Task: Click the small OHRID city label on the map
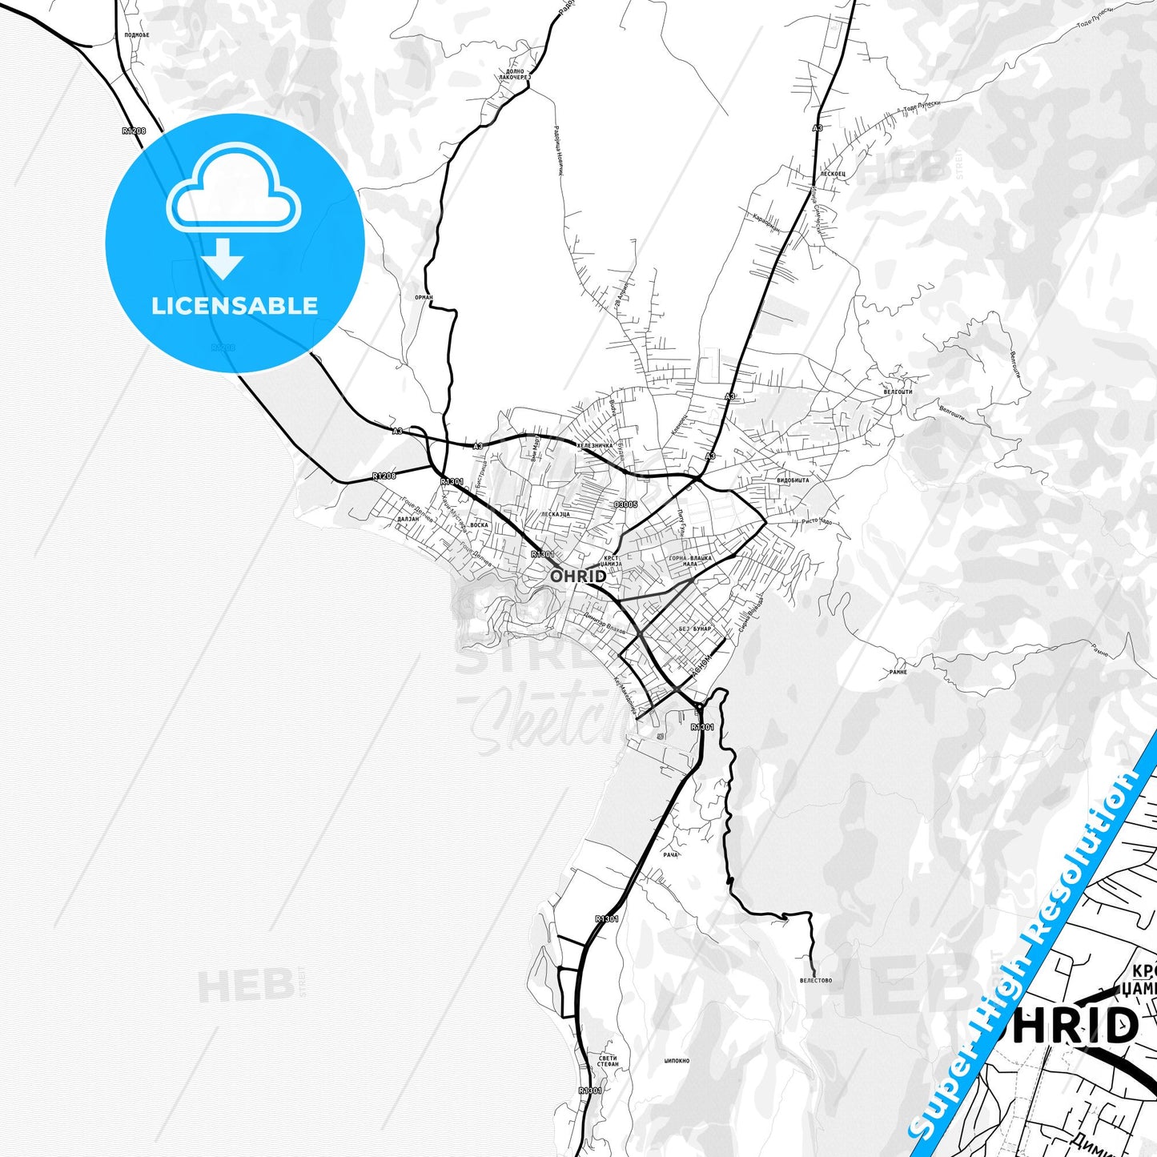577,576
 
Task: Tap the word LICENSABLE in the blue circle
235,306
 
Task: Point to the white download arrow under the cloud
223,258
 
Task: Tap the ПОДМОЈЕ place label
137,35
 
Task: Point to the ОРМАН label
424,297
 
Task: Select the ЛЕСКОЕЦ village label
833,174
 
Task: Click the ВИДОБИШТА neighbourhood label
793,480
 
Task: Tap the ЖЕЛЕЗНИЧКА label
594,445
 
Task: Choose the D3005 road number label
625,504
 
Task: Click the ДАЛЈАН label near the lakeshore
408,519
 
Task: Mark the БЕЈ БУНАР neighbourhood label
694,629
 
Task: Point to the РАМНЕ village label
898,672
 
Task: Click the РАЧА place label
670,854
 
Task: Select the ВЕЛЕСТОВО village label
815,980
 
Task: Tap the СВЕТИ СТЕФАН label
608,1061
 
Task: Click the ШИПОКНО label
677,1061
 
